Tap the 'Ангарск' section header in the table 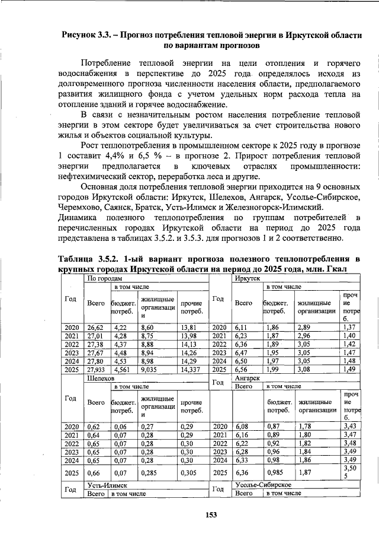coord(248,377)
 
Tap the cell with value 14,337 coord(191,368)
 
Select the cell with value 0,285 coord(150,472)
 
